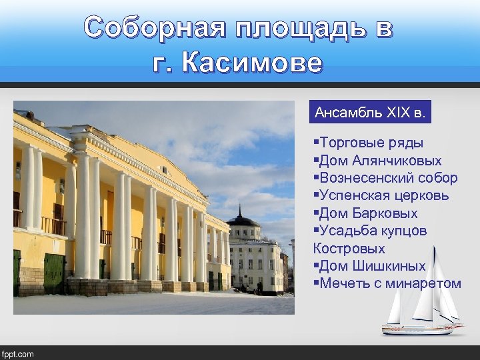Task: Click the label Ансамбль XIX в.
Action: coord(370,112)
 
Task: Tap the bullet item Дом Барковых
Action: coord(368,213)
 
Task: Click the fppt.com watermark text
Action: coord(18,353)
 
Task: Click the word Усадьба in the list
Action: coord(351,231)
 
